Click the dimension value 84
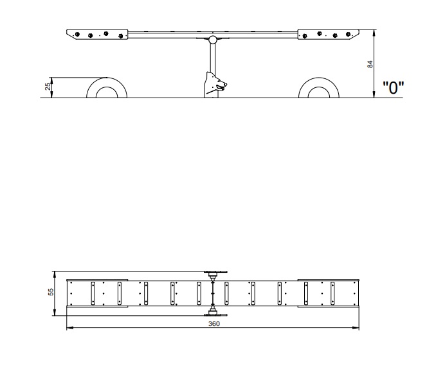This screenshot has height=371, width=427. pyautogui.click(x=370, y=64)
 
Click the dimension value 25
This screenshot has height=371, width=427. pyautogui.click(x=48, y=87)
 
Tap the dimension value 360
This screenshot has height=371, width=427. pyautogui.click(x=213, y=324)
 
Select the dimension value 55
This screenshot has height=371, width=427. pyautogui.click(x=51, y=292)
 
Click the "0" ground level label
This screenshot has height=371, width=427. pyautogui.click(x=394, y=87)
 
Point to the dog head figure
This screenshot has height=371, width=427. pyautogui.click(x=215, y=85)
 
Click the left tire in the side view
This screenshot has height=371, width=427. pyautogui.click(x=107, y=82)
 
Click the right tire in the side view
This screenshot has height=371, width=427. pyautogui.click(x=319, y=82)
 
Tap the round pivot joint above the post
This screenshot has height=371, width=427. pyautogui.click(x=213, y=40)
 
